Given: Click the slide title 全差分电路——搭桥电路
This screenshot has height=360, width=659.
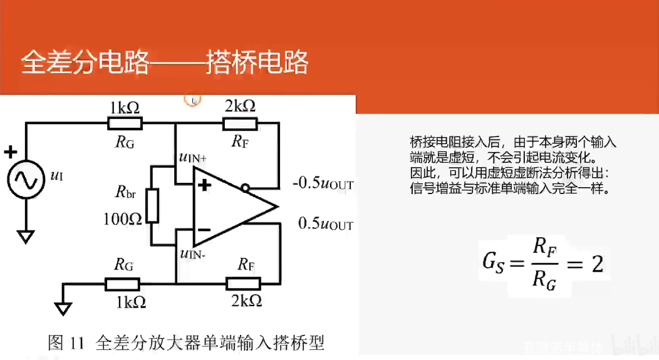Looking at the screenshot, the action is click(165, 63).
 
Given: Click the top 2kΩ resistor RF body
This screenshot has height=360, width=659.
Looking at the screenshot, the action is click(239, 124).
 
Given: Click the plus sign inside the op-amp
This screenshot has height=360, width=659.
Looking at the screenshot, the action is click(204, 185).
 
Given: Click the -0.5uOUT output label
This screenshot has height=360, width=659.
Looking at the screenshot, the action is click(323, 184).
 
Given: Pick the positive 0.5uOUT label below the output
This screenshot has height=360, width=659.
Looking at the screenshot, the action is click(326, 224).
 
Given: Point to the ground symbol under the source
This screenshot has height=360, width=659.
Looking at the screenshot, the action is click(26, 237).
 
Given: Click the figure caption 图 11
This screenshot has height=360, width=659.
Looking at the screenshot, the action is click(65, 343).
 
